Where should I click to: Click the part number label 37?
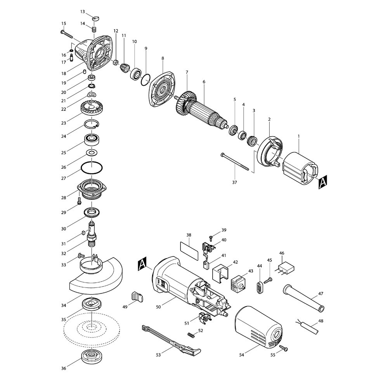(x=235, y=182)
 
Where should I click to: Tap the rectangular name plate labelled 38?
(x=189, y=251)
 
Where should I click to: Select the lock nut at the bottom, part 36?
(x=92, y=357)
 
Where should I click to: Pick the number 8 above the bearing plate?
(x=163, y=59)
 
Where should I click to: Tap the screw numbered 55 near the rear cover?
(x=284, y=348)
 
